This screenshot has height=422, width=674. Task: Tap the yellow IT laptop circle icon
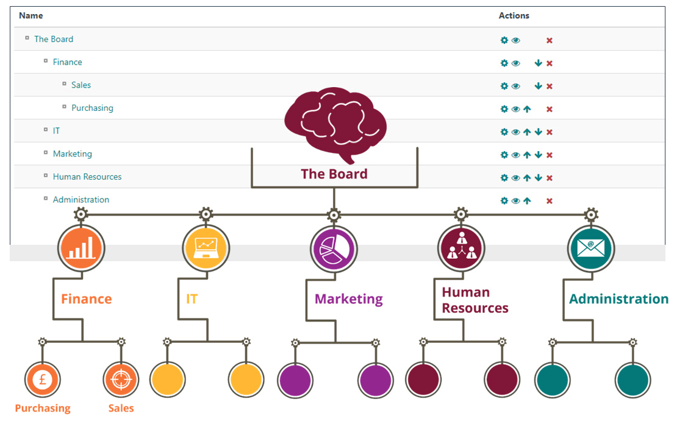pos(206,247)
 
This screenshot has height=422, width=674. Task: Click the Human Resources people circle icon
pos(461,248)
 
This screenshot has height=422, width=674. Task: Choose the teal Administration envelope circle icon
pos(590,248)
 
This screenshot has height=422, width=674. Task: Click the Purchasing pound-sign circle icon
pos(42,380)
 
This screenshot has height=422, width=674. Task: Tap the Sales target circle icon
pos(121,380)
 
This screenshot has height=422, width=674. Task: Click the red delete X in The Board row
pos(549,40)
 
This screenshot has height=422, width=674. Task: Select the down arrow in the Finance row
pos(538,63)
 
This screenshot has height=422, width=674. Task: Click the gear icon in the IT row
pos(504,132)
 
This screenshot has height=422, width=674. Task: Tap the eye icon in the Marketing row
pos(515,155)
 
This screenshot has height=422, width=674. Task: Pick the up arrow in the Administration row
pos(527,200)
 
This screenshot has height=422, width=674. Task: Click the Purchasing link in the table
pos(92,108)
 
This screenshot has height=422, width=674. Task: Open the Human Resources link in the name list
pos(87,177)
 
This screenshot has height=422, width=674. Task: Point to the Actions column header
pos(514,16)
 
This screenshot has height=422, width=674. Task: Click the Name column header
pos(30,16)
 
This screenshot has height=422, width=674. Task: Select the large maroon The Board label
pos(334,174)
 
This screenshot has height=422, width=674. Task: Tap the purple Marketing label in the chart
pos(348,299)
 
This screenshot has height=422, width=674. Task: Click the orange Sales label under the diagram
pos(121,408)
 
